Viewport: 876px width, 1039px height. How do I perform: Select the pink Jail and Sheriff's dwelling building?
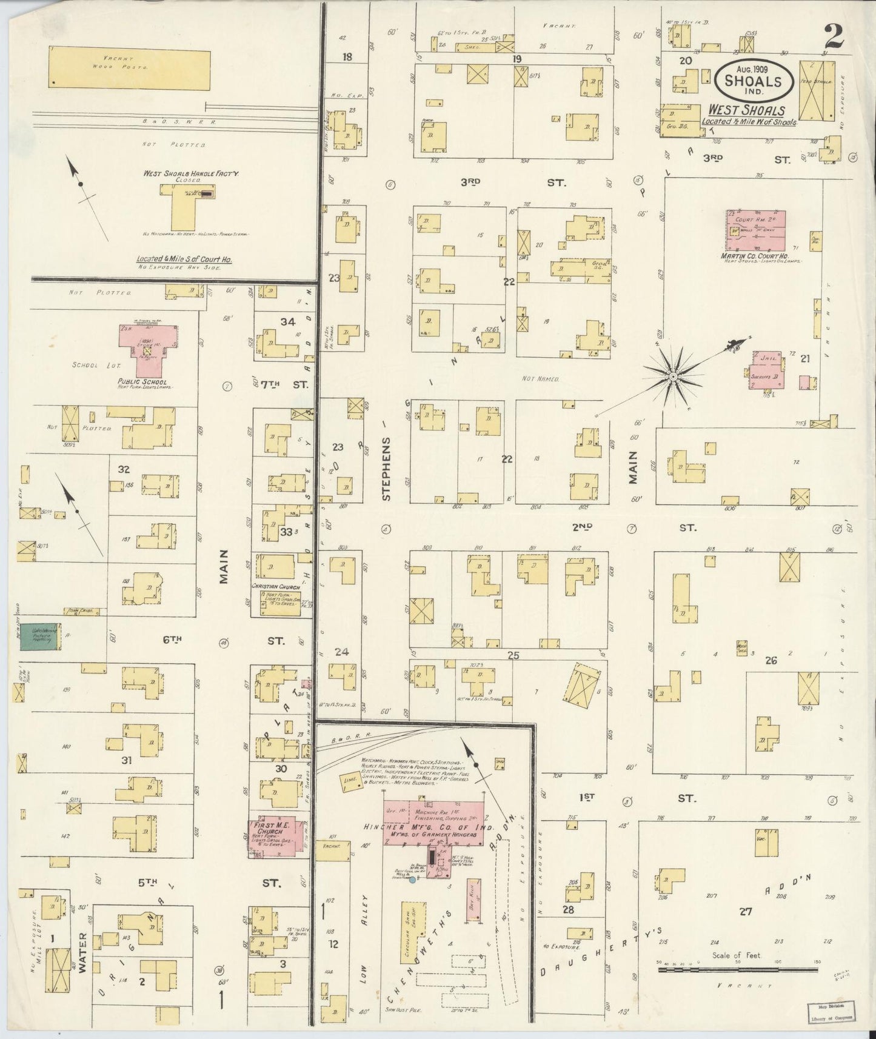point(766,369)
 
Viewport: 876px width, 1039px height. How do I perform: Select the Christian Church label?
point(276,587)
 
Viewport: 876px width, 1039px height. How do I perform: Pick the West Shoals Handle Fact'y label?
point(191,173)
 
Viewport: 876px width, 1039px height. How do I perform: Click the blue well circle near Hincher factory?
point(412,880)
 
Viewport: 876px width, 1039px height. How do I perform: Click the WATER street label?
point(83,961)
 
